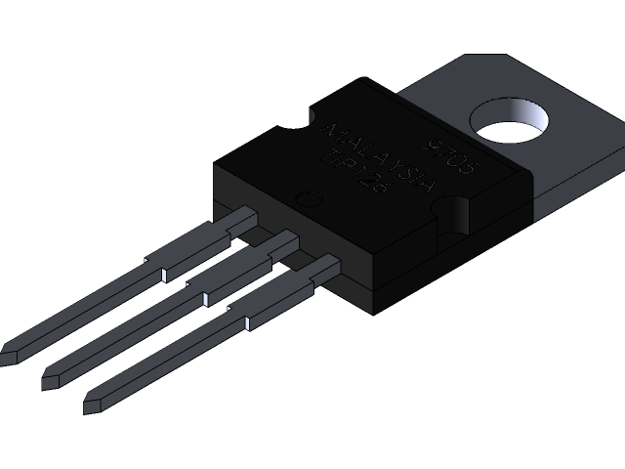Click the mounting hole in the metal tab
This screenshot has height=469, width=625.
click(x=508, y=121)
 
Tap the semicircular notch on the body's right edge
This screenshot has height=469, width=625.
click(x=456, y=214)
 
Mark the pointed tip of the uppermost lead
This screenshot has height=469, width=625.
click(x=8, y=350)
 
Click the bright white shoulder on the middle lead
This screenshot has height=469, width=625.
click(x=205, y=297)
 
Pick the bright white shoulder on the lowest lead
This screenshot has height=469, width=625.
click(x=248, y=321)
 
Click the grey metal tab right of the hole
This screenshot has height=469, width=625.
click(x=576, y=137)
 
